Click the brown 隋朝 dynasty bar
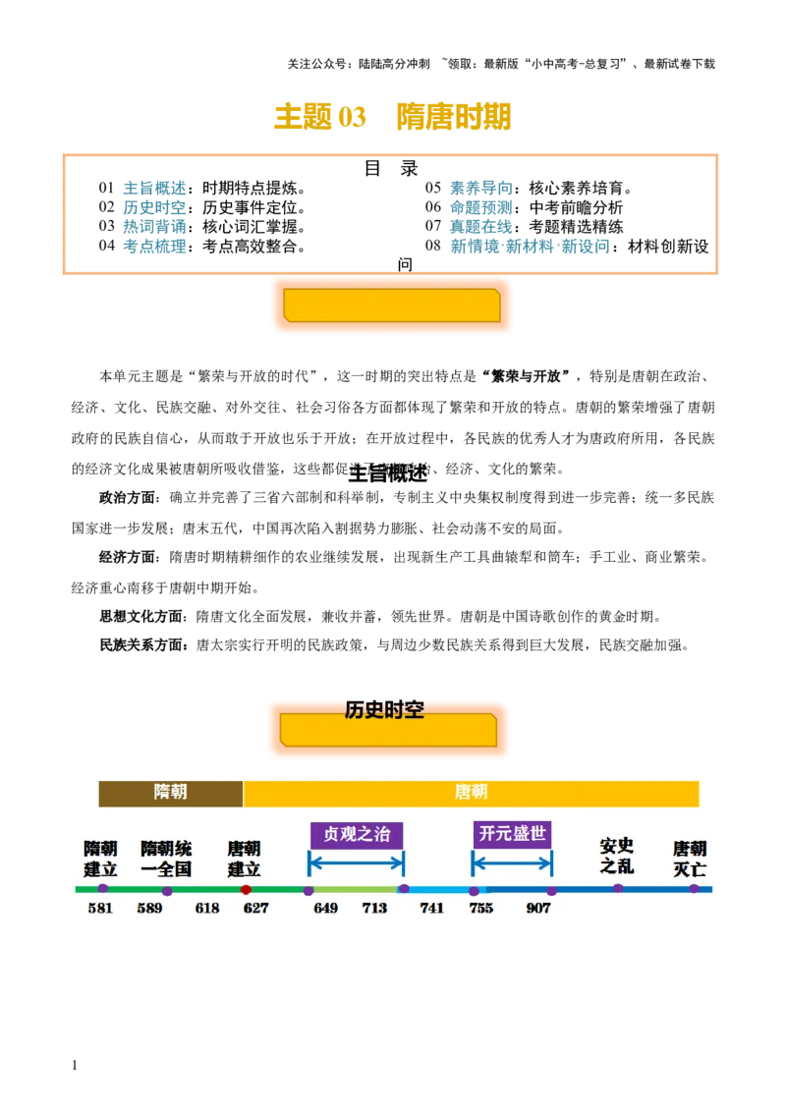171,792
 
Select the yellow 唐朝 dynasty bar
471,792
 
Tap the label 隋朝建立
100,859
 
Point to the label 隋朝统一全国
166,859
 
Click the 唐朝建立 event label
245,859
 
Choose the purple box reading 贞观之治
357,835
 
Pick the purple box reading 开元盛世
512,834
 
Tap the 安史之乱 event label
617,856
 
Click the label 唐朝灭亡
690,859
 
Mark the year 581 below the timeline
100,909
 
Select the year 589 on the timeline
149,909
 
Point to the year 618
207,909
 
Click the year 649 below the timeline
326,909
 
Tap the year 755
481,909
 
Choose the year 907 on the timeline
538,909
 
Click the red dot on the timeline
246,890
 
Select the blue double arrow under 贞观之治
356,864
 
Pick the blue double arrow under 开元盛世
512,864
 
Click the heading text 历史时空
384,709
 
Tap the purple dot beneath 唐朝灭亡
694,889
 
